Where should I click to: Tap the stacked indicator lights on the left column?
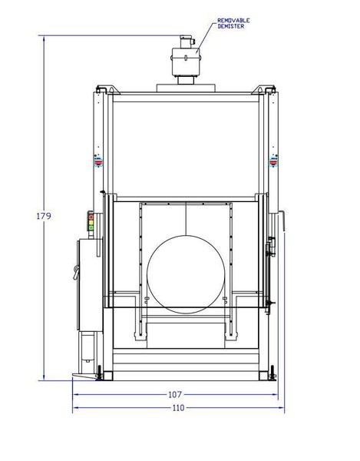click(x=92, y=223)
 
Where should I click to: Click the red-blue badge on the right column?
click(x=271, y=160)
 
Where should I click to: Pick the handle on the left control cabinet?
click(x=76, y=270)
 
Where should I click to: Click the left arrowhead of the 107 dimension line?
click(x=76, y=395)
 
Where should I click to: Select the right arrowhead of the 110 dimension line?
click(x=281, y=410)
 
